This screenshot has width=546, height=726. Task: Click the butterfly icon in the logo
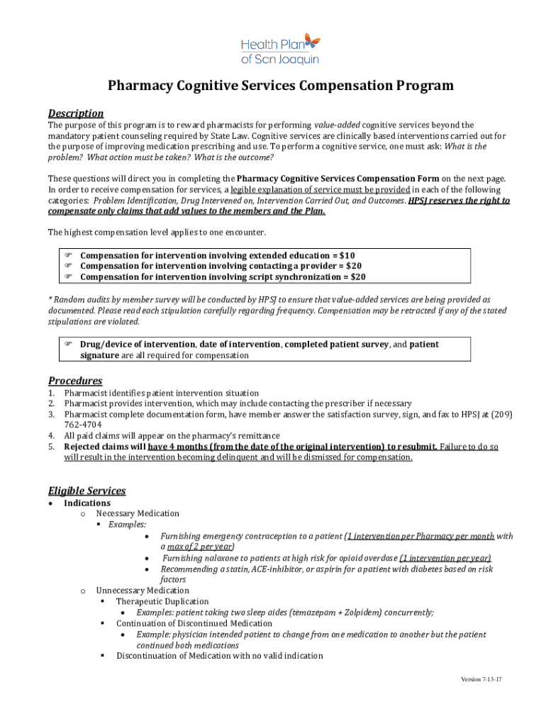click(x=310, y=42)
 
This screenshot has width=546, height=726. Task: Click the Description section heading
click(x=75, y=113)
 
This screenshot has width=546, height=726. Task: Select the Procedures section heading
click(x=74, y=381)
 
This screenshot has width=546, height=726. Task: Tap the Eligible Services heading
click(x=87, y=491)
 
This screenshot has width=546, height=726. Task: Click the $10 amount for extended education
click(x=347, y=255)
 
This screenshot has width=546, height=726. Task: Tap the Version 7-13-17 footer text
click(x=481, y=679)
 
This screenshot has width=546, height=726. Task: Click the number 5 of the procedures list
click(x=51, y=447)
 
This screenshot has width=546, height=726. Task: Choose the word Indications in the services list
click(x=87, y=503)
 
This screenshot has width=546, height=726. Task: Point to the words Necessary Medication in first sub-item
click(x=138, y=513)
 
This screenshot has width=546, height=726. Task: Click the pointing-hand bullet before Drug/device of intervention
click(x=69, y=345)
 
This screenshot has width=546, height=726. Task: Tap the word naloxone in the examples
click(x=213, y=558)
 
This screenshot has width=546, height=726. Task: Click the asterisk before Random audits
click(x=50, y=301)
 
